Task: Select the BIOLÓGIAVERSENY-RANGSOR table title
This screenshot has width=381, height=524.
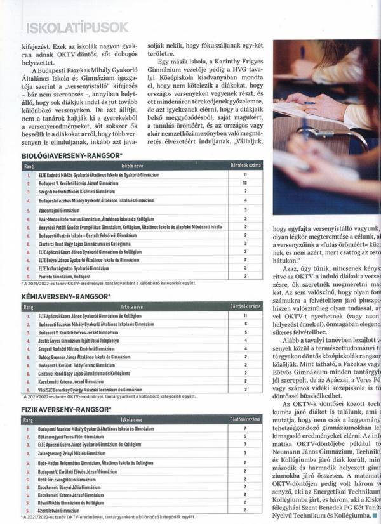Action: point(72,155)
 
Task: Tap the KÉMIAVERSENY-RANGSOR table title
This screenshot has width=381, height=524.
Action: point(66,296)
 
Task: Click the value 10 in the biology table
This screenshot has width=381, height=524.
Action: point(244,182)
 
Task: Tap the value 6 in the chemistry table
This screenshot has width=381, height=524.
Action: point(244,323)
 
